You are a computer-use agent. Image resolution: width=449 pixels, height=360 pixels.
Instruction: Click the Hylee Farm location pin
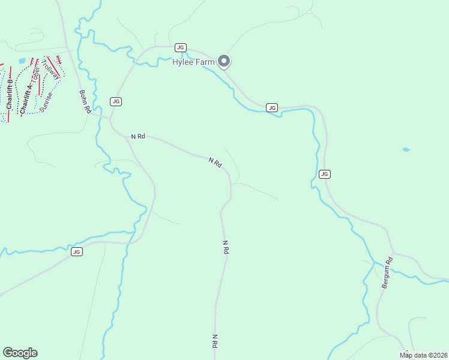click(224, 61)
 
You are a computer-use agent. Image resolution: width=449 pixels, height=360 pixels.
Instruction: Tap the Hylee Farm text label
click(194, 62)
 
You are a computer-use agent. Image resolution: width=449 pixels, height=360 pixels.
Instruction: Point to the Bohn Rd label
click(84, 102)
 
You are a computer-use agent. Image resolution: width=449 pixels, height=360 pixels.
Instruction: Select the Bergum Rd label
click(387, 273)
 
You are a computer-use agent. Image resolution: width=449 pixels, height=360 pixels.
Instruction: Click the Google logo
click(20, 352)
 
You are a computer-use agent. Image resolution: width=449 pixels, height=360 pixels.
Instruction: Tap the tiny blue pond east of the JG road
click(406, 149)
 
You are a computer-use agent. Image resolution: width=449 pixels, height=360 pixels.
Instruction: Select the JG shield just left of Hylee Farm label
click(180, 47)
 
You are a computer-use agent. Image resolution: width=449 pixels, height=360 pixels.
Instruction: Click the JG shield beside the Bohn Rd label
click(116, 101)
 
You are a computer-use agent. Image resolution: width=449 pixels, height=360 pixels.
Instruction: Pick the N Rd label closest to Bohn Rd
click(138, 137)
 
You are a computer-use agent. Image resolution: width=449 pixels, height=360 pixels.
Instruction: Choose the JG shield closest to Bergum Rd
click(324, 174)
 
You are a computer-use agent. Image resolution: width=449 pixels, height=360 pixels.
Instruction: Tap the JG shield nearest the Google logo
click(76, 251)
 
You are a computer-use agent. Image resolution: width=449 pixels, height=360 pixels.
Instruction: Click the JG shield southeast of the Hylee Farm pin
click(272, 107)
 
